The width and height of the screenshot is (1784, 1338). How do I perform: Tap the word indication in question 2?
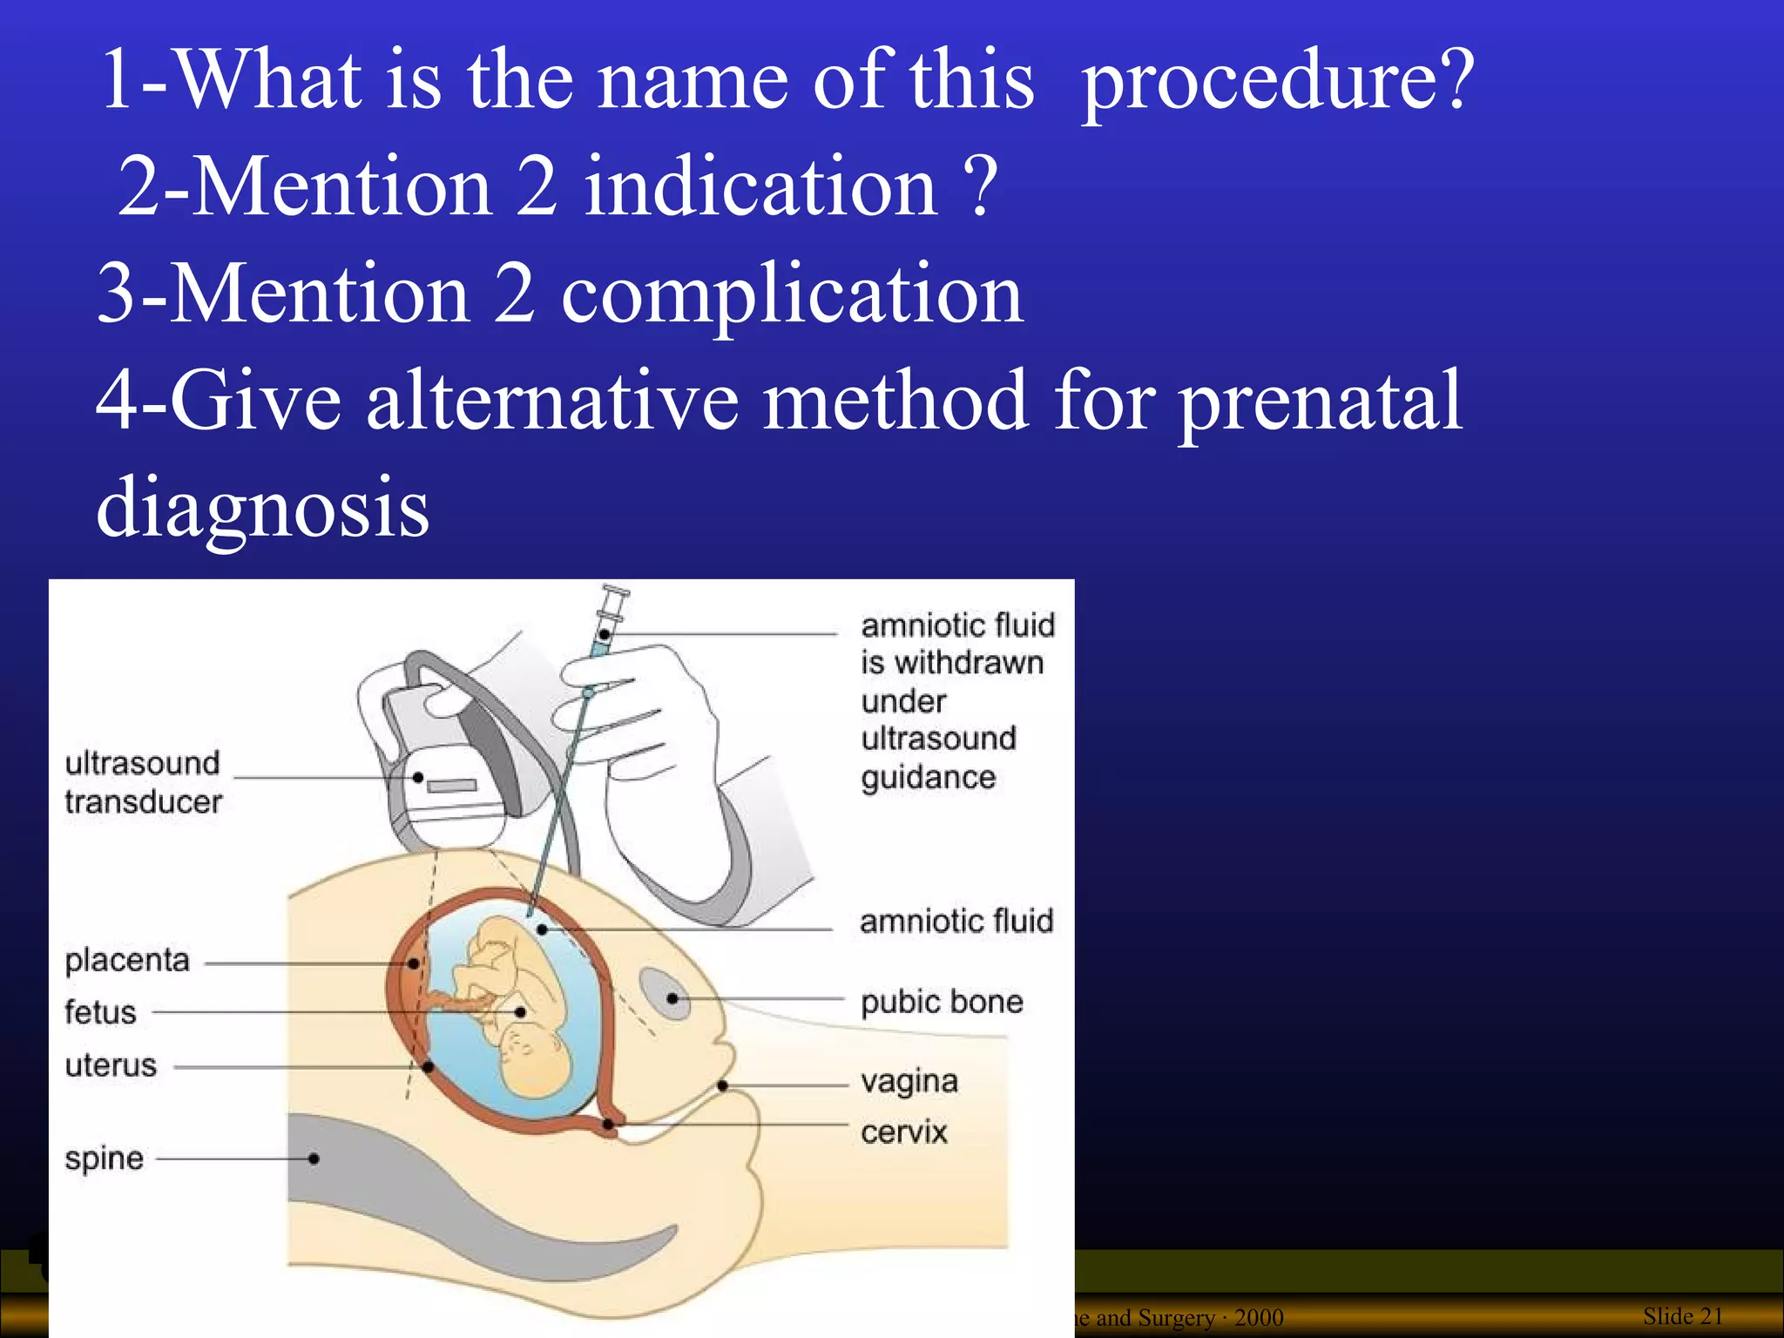(760, 186)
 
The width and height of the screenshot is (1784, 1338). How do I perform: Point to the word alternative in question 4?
(551, 401)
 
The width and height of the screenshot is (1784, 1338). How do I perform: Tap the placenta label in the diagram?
(127, 960)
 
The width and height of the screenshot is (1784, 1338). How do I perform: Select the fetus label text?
(100, 1012)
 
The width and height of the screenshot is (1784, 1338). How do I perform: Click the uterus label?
(111, 1065)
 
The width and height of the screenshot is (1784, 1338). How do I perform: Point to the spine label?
(104, 1159)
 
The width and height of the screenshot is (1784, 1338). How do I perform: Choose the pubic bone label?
(942, 1002)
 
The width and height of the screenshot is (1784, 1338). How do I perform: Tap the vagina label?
(909, 1082)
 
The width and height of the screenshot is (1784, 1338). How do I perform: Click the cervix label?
(904, 1132)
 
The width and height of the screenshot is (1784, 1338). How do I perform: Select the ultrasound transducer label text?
(143, 782)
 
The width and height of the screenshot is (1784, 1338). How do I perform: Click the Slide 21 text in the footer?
(1682, 1316)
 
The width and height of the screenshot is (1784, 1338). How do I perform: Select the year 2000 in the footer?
(1259, 1318)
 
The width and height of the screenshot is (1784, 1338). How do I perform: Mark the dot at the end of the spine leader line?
(314, 1159)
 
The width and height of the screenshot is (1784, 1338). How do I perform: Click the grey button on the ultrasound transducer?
(451, 786)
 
